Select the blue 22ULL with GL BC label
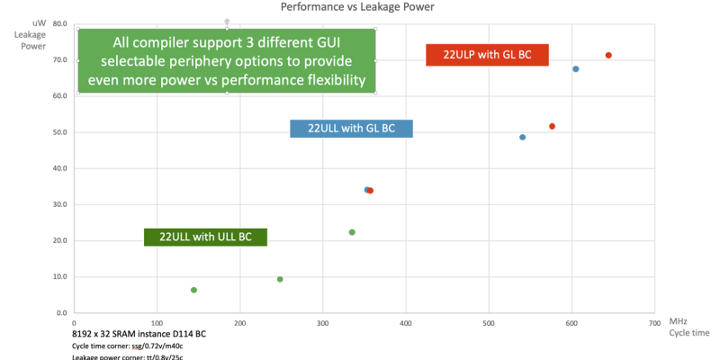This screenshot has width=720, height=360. [351, 129]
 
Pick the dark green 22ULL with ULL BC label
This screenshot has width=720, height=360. [206, 238]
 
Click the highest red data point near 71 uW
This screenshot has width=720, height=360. [608, 56]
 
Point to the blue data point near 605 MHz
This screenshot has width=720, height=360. [576, 69]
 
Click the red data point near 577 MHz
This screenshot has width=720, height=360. [553, 126]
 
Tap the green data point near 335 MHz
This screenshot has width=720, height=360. [352, 232]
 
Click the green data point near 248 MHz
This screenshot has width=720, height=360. [280, 279]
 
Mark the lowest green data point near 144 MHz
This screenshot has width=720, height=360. [193, 290]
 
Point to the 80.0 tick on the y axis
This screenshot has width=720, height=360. [59, 23]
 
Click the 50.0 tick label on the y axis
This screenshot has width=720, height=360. [59, 132]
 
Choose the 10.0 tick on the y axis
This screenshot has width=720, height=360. [59, 276]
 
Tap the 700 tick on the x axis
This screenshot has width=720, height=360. [653, 321]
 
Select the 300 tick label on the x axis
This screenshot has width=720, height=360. [323, 321]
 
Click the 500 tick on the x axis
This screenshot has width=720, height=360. [489, 321]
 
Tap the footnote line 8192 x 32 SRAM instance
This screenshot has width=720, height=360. [139, 334]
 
